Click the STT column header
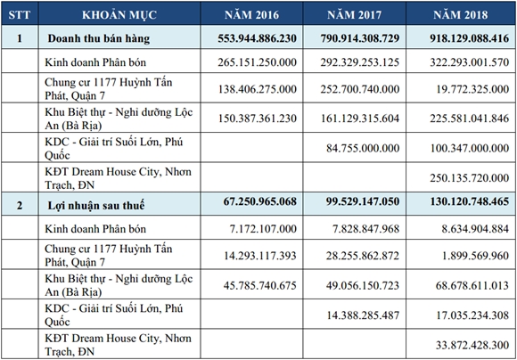click(19, 15)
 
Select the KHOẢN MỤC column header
click(119, 15)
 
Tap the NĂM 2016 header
click(251, 15)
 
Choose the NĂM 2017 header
click(355, 15)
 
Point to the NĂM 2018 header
click(461, 15)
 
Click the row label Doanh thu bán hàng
click(99, 38)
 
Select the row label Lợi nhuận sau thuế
click(96, 205)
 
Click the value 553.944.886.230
click(258, 38)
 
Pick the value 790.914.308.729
click(360, 38)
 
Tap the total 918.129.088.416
click(469, 38)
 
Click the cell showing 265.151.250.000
click(258, 62)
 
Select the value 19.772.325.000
click(472, 89)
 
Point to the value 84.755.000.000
click(363, 148)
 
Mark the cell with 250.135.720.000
click(469, 178)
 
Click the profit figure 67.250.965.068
click(259, 201)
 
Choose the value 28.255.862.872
click(363, 256)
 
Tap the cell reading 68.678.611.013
click(472, 285)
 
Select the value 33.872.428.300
click(472, 345)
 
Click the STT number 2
click(20, 205)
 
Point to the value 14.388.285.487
click(363, 315)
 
